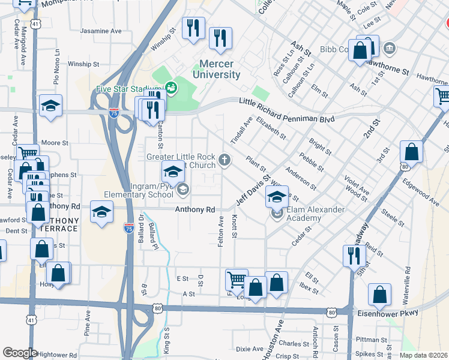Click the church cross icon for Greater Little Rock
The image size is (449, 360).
click(x=224, y=160)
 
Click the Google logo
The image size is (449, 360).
click(x=20, y=353)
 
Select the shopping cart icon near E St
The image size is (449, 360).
click(x=237, y=279)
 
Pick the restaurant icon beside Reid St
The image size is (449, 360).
click(x=351, y=255)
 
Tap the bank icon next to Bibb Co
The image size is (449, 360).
click(x=390, y=47)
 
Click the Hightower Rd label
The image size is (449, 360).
click(x=56, y=355)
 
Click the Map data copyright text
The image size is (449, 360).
click(x=423, y=355)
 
